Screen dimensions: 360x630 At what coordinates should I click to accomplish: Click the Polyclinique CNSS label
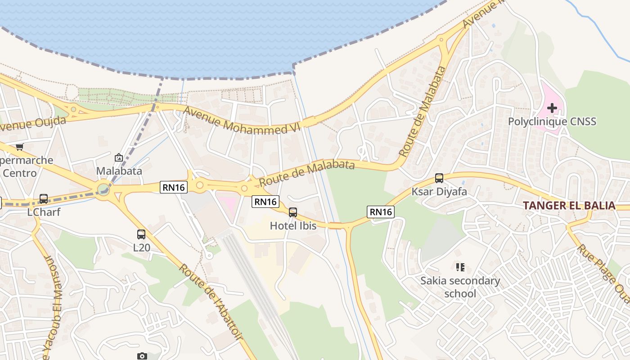[552, 121]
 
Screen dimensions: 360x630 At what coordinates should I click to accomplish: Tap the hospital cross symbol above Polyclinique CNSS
[552, 108]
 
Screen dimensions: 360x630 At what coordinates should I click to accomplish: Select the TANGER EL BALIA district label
[569, 206]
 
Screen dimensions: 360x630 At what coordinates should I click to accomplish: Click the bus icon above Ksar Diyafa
[439, 178]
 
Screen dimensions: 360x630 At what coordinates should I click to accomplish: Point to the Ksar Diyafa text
[439, 192]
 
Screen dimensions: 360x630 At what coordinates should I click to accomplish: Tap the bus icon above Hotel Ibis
[293, 212]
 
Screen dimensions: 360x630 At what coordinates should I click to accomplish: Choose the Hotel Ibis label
[293, 226]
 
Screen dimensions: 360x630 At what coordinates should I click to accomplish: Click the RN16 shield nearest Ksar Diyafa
[381, 212]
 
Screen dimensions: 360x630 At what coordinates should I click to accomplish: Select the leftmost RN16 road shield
[174, 187]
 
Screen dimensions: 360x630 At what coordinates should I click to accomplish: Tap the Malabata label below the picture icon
[119, 171]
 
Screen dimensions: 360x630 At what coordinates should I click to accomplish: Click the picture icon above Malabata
[119, 157]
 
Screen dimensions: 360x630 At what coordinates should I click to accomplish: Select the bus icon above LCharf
[44, 198]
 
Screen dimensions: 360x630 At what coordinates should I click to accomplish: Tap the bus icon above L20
[141, 234]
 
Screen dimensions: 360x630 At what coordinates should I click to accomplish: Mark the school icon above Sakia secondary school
[460, 267]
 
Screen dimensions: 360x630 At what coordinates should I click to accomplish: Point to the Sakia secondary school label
[460, 287]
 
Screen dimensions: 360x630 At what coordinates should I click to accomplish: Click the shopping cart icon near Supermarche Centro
[19, 147]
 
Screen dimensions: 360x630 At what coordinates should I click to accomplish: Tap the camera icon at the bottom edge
[142, 356]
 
